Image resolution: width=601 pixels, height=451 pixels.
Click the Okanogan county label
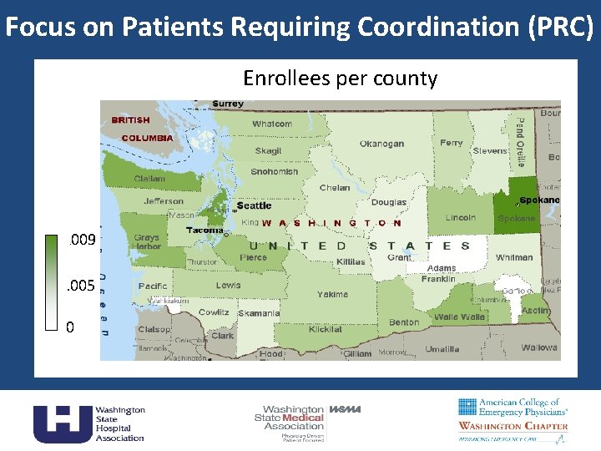(381, 144)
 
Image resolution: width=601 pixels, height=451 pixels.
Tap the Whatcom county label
(272, 124)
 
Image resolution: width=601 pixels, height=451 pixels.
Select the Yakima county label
(332, 294)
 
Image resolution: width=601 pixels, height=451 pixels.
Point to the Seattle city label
(254, 205)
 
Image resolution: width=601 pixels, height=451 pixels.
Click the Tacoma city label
(205, 230)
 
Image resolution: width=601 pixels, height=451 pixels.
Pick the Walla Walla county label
(459, 317)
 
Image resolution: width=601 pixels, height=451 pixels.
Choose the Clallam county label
(149, 179)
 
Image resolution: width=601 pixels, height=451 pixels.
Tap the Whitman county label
(513, 257)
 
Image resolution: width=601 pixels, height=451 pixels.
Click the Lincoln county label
(460, 217)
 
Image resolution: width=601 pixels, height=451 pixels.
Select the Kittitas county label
(351, 261)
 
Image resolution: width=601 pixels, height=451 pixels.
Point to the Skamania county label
(259, 313)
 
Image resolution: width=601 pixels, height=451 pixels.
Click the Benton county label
(404, 322)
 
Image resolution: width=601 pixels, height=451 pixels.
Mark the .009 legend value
(82, 241)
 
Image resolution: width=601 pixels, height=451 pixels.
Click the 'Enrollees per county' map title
(340, 79)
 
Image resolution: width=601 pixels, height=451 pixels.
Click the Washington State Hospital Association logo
(88, 423)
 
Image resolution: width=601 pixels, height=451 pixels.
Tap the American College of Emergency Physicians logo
(513, 421)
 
